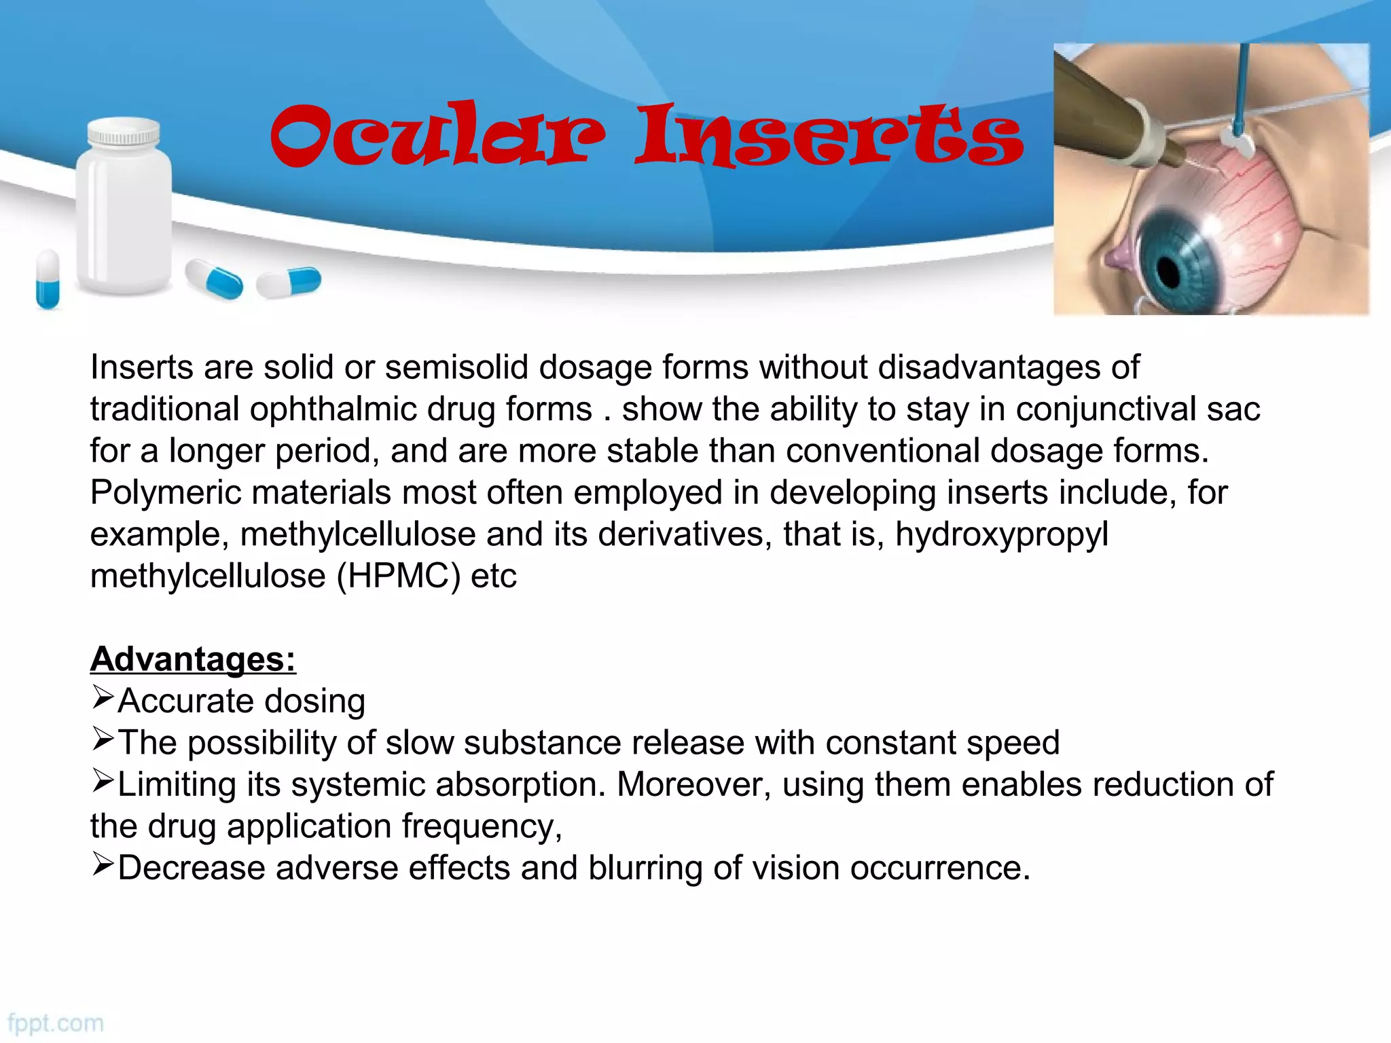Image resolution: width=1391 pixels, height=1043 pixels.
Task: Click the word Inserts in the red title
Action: click(x=829, y=136)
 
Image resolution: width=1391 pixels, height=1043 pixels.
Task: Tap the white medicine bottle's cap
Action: click(x=124, y=133)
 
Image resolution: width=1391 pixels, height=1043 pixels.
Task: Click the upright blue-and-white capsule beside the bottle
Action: click(x=48, y=279)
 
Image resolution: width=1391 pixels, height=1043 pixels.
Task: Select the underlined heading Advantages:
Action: click(x=193, y=659)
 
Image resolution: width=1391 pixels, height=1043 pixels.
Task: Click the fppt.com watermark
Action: click(x=56, y=1023)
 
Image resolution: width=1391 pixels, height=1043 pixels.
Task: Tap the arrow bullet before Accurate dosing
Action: click(x=102, y=697)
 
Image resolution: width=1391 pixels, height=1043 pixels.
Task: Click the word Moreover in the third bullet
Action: click(x=693, y=785)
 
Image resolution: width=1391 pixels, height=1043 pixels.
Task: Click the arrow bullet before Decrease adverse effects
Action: click(x=102, y=864)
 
